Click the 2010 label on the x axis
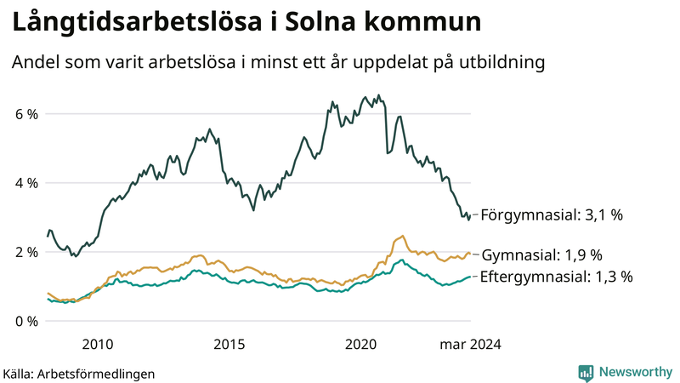(98, 345)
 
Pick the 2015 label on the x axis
(229, 345)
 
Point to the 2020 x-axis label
(361, 345)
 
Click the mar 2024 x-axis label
(470, 345)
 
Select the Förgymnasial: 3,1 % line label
(552, 215)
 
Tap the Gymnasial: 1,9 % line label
(541, 255)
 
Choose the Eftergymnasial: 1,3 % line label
(557, 277)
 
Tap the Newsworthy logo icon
(586, 372)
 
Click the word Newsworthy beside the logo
(634, 372)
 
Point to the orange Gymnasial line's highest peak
(401, 236)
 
